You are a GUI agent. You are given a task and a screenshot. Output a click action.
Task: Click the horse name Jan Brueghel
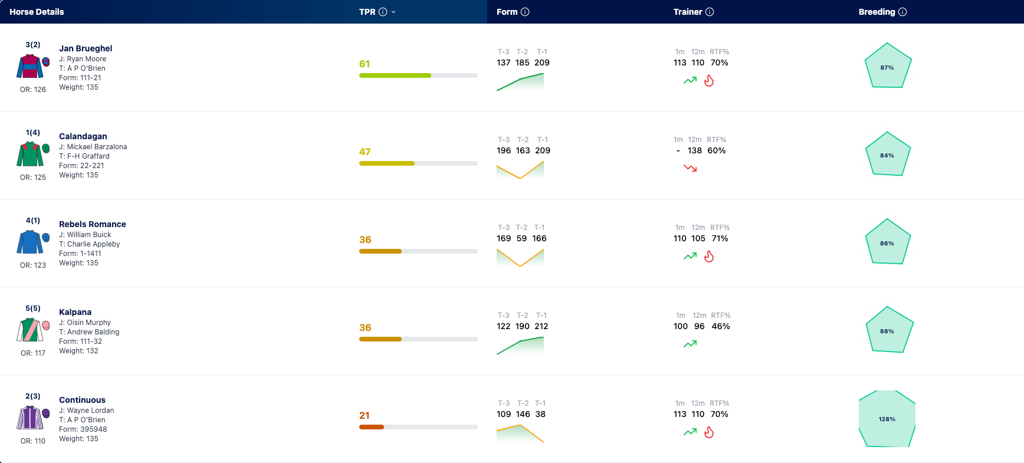coord(86,48)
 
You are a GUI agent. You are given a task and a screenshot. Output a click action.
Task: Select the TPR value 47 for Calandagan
coord(365,152)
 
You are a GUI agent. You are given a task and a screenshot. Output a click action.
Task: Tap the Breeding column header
coord(877,12)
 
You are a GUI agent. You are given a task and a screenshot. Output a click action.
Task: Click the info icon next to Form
coord(525,12)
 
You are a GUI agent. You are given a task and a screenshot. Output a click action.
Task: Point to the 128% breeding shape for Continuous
coord(887,419)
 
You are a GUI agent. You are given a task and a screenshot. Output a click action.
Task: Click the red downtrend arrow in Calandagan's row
coord(690,168)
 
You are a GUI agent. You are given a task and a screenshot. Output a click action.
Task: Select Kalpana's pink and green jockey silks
coord(30,330)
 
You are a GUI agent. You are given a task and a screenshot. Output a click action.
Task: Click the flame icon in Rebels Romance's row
coord(709,256)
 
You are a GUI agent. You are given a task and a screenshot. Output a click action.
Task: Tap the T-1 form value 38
coord(540,414)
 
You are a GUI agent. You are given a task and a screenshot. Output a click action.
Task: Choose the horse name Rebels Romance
coord(93,224)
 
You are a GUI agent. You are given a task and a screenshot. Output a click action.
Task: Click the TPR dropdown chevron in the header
coord(393,12)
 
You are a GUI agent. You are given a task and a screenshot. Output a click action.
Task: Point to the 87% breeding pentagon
coord(888,65)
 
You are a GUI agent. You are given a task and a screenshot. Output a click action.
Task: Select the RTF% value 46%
coord(721,326)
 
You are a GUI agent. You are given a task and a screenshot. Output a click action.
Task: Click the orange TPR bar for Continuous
coord(372,427)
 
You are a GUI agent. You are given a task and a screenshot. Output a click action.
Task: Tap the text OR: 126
coord(33,90)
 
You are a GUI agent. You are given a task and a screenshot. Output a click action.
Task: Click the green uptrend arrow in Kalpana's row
coord(690,344)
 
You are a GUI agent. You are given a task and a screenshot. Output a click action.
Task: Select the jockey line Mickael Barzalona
coord(93,147)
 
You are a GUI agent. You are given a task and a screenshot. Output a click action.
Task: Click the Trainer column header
coord(688,12)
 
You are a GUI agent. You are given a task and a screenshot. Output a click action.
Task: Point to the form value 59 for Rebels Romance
coord(521,238)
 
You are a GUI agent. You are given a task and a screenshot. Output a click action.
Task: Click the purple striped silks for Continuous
coord(30,418)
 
